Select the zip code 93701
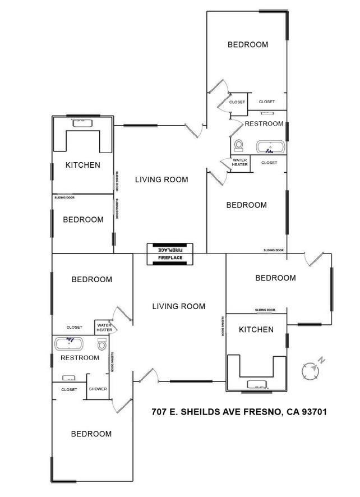click(314, 412)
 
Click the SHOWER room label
click(98, 389)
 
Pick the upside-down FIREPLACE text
click(170, 250)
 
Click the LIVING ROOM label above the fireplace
click(161, 180)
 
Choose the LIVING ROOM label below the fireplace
click(179, 306)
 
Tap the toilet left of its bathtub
click(239, 145)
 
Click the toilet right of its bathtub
click(101, 344)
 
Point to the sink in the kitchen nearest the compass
click(257, 384)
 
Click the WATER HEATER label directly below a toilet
click(239, 162)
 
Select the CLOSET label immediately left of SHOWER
click(69, 389)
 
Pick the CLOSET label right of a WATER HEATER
click(269, 163)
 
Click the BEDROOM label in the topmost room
click(248, 45)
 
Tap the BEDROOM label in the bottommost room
click(91, 434)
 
